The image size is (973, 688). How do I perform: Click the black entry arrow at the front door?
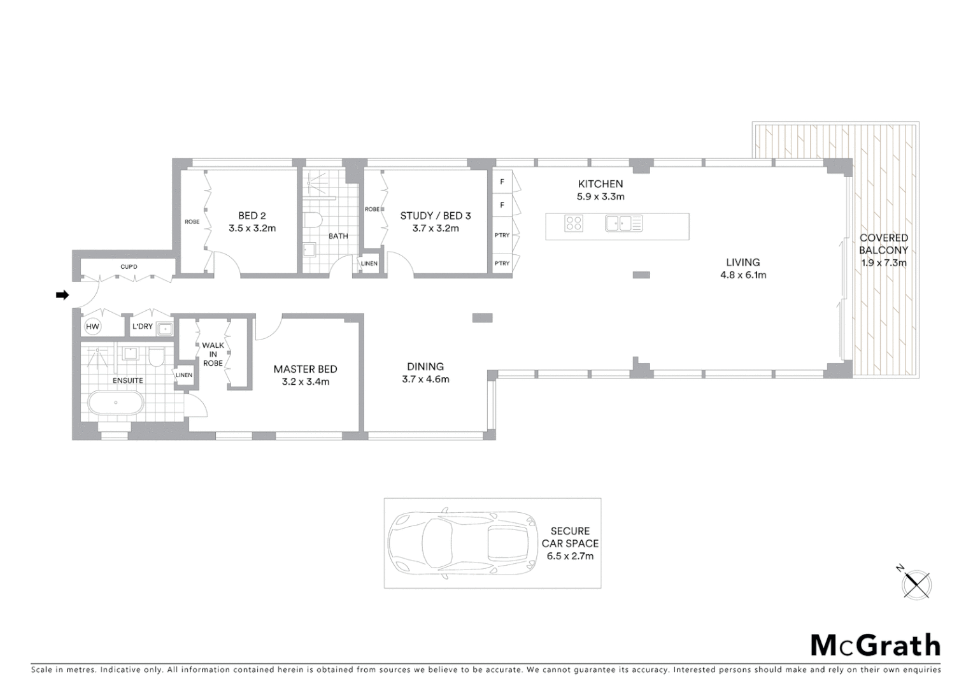pyautogui.click(x=62, y=295)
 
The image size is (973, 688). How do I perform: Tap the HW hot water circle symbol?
pyautogui.click(x=92, y=327)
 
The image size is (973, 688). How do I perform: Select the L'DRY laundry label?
pyautogui.click(x=142, y=326)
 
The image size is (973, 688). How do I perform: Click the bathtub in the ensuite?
pyautogui.click(x=115, y=403)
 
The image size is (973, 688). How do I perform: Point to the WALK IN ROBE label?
pyautogui.click(x=213, y=354)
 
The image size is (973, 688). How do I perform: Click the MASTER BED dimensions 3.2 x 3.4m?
pyautogui.click(x=305, y=382)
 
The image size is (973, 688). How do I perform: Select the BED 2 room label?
pyautogui.click(x=252, y=215)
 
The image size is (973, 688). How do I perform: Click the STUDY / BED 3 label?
pyautogui.click(x=435, y=215)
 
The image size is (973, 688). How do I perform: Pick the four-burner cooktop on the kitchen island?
pyautogui.click(x=574, y=224)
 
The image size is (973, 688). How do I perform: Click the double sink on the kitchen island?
pyautogui.click(x=623, y=224)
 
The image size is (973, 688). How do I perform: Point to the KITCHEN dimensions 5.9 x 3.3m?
pyautogui.click(x=600, y=197)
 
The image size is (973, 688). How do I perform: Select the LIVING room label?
pyautogui.click(x=742, y=262)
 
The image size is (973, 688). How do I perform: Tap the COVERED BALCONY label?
pyautogui.click(x=884, y=244)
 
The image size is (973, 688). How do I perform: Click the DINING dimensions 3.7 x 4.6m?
pyautogui.click(x=425, y=380)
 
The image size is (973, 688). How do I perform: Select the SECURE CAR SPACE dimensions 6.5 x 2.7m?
pyautogui.click(x=570, y=556)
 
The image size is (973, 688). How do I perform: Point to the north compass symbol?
pyautogui.click(x=916, y=583)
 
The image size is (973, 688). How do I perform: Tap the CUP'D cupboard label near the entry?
pyautogui.click(x=129, y=267)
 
